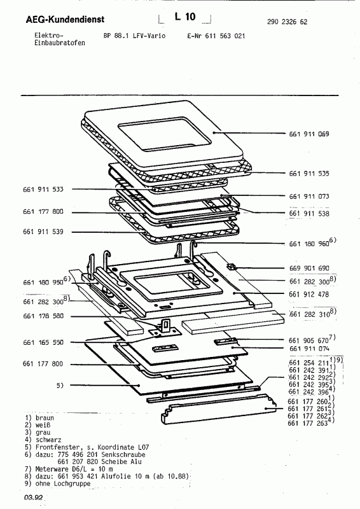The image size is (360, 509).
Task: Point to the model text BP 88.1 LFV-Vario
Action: tap(134, 36)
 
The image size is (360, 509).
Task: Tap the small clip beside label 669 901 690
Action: tap(232, 267)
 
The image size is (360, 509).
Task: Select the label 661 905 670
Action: tap(309, 339)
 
